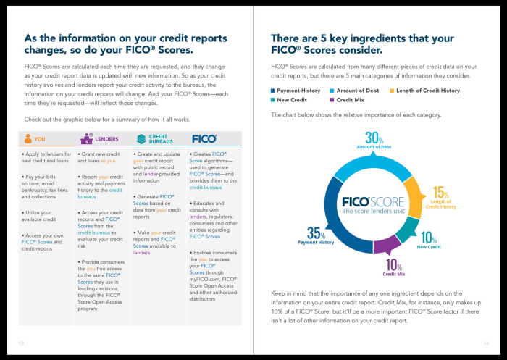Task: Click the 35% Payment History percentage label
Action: [x=316, y=236]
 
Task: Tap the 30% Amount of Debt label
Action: [x=374, y=141]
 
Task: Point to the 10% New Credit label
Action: [x=428, y=240]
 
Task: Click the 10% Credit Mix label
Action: [x=393, y=269]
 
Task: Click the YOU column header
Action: [x=35, y=138]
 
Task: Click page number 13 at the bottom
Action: [x=21, y=343]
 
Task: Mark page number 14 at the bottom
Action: [x=486, y=343]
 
